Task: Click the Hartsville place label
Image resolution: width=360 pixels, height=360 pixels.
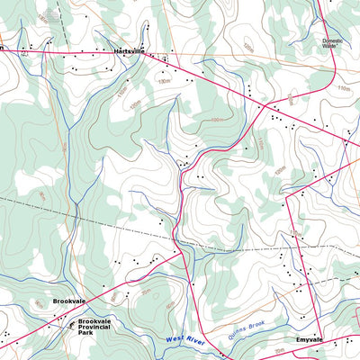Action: pyautogui.click(x=129, y=52)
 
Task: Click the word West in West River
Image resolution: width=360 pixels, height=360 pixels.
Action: pyautogui.click(x=177, y=339)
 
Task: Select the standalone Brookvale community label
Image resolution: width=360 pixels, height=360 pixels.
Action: pyautogui.click(x=68, y=302)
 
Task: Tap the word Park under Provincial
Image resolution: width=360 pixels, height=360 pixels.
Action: pyautogui.click(x=85, y=333)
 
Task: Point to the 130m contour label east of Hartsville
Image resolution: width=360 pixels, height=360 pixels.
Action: pyautogui.click(x=165, y=82)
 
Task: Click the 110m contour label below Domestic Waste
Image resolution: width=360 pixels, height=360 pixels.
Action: pyautogui.click(x=343, y=88)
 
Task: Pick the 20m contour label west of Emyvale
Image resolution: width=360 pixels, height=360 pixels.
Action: pyautogui.click(x=279, y=350)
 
